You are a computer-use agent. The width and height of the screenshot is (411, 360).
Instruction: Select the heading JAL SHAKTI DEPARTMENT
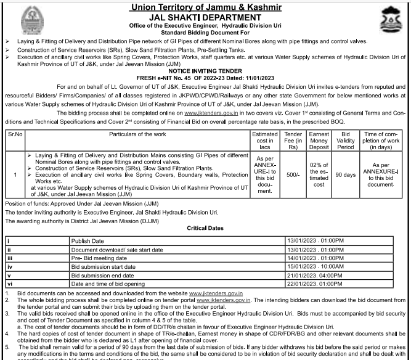(205, 18)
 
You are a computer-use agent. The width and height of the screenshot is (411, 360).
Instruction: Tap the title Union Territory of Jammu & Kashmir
(205, 7)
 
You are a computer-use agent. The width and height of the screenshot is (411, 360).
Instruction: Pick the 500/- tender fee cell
(293, 174)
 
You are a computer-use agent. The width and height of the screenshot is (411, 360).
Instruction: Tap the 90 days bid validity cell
(346, 174)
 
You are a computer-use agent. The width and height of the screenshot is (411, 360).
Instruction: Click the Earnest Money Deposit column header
(319, 140)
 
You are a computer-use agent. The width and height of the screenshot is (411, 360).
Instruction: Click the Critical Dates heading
(205, 227)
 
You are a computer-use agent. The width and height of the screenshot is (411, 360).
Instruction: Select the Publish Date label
(89, 240)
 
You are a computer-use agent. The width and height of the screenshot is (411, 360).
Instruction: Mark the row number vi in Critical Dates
(9, 284)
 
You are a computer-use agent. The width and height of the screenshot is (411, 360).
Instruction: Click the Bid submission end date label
(108, 275)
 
